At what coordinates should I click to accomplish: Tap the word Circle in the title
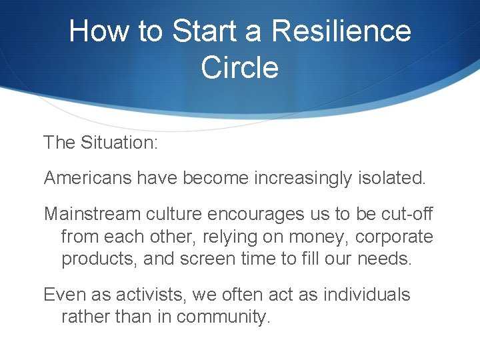239,67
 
